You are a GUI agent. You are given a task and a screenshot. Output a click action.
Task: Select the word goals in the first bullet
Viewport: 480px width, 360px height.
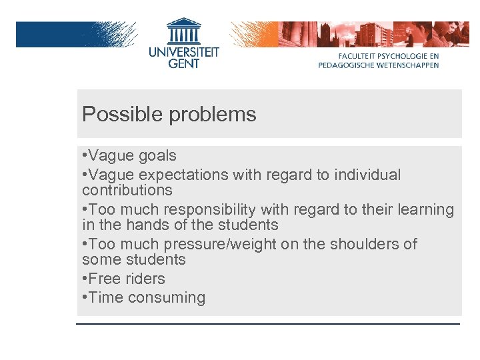pos(157,156)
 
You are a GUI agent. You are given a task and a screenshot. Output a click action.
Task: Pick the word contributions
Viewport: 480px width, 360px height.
pos(127,190)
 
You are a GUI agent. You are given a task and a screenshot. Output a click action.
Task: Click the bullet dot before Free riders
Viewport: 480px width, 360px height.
pos(85,279)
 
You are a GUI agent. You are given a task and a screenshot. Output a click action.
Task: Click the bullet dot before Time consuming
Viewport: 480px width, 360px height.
pos(85,297)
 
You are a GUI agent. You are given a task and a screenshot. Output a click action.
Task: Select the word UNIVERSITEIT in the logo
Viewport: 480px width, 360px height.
pos(183,53)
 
